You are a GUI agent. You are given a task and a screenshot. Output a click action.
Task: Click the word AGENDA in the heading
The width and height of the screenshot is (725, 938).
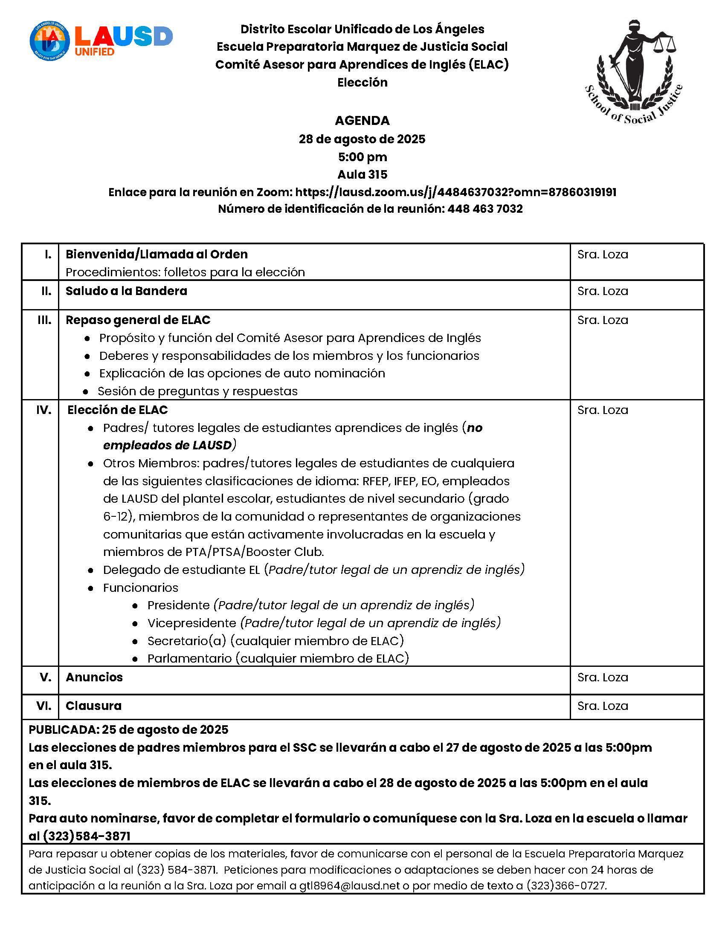[362, 121]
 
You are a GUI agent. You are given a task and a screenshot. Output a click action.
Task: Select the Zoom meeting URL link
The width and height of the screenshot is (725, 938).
[456, 192]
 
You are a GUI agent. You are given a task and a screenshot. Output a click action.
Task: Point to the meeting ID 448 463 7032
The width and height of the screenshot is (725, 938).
[485, 209]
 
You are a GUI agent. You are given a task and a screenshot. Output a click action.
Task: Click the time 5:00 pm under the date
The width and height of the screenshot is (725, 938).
[362, 157]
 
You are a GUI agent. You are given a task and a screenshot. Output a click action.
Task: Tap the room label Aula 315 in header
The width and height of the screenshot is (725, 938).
[362, 174]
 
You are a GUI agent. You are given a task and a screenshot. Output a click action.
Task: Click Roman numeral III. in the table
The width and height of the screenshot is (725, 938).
[44, 320]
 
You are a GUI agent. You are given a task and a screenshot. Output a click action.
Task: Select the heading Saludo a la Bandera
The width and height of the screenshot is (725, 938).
[126, 291]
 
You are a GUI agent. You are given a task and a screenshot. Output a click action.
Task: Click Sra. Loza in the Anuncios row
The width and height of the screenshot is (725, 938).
[603, 677]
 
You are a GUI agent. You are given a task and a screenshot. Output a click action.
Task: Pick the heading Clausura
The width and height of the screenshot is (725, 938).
[93, 706]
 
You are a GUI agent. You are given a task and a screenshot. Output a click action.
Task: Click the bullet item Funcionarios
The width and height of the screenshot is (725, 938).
[140, 588]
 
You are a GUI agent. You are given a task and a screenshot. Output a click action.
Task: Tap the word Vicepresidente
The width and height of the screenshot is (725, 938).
[191, 623]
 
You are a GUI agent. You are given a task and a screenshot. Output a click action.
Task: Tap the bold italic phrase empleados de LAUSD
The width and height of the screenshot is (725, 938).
[167, 446]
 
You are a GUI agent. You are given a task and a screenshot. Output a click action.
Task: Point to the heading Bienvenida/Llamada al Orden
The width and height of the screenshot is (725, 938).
[157, 254]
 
